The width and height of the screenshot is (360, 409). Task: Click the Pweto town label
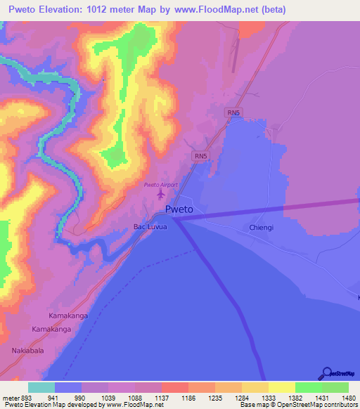coord(179,209)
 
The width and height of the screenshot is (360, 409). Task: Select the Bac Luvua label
coord(150,227)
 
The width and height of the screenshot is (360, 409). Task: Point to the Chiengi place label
coord(262,228)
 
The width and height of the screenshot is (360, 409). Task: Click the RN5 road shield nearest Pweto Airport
coord(201,156)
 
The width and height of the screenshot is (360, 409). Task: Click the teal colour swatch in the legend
coord(41,387)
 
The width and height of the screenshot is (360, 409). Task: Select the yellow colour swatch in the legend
coord(281,387)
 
